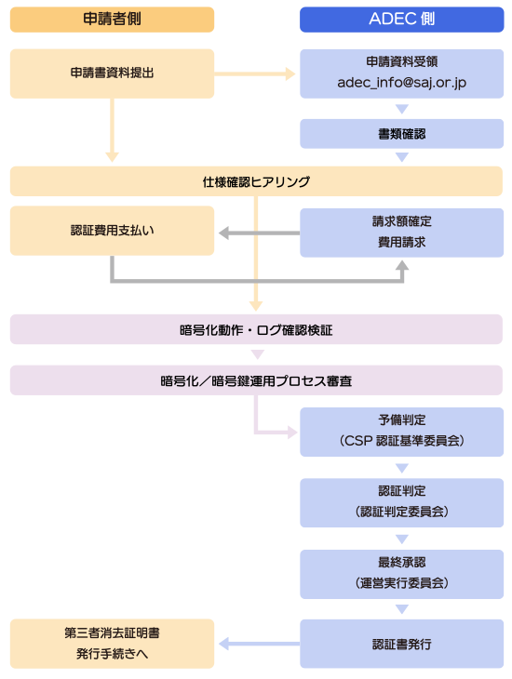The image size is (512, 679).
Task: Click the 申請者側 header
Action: point(112,20)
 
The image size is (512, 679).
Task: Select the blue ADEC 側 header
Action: point(401,20)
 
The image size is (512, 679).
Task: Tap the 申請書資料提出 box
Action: point(112,73)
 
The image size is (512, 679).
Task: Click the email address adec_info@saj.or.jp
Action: point(401,82)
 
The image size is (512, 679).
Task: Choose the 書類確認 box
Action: point(401,134)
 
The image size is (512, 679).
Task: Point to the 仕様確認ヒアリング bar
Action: point(256,181)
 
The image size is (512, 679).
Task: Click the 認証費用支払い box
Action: point(112,231)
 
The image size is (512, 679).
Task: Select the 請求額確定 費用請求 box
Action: point(401,233)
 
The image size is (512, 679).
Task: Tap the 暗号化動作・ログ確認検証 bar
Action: point(256,329)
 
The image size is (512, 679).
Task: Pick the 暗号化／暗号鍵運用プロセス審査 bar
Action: point(256,380)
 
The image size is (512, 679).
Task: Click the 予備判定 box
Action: point(401,432)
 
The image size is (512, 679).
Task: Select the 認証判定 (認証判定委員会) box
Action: point(401,503)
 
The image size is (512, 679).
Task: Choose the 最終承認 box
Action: point(401,574)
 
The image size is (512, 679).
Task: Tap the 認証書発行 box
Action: point(401,644)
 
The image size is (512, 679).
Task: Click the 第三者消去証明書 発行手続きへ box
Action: point(112,644)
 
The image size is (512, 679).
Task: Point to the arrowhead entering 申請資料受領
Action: point(290,73)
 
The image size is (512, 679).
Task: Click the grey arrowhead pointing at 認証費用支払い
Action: point(223,233)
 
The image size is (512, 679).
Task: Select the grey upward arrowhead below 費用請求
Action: point(402,265)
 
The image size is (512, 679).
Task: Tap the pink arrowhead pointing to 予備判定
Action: point(292,432)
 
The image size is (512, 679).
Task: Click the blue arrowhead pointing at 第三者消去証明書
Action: point(223,644)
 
